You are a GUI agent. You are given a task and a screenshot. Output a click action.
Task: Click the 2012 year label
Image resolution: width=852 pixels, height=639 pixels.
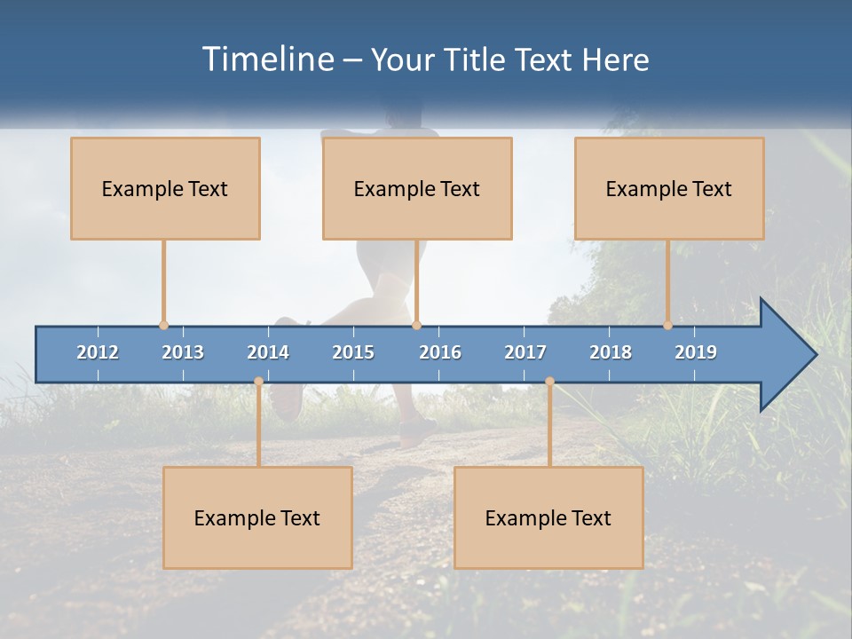[98, 352]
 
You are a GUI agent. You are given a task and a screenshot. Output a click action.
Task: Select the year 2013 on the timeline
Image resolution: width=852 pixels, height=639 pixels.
[183, 352]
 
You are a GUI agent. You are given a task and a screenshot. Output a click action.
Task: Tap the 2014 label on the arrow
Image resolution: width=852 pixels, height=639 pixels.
[268, 352]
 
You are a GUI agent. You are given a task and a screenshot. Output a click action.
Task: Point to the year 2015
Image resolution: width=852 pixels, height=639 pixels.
[353, 352]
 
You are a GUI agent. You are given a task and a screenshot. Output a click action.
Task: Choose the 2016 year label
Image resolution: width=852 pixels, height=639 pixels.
[440, 352]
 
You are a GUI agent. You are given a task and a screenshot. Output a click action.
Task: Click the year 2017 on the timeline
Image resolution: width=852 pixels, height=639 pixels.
[525, 352]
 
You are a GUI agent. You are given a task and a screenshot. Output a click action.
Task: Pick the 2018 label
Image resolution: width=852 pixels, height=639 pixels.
[611, 352]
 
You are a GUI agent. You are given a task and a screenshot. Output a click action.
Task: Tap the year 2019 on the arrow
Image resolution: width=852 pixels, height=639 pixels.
[696, 352]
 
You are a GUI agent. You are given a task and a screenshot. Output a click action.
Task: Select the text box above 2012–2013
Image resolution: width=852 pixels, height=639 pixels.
[165, 188]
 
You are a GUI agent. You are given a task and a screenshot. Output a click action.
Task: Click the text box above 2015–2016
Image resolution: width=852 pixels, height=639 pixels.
[417, 188]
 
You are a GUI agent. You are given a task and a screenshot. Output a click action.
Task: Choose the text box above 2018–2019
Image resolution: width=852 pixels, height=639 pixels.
[669, 188]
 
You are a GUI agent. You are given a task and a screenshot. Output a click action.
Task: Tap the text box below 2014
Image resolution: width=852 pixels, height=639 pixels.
[257, 517]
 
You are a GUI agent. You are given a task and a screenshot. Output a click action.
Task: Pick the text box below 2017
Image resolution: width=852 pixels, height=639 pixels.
[548, 517]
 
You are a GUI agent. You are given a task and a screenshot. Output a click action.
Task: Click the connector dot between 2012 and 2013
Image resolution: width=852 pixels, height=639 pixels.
[163, 326]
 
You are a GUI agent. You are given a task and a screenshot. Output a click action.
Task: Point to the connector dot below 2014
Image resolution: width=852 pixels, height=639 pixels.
[258, 382]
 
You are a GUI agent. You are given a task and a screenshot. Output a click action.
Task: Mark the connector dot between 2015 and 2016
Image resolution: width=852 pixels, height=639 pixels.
[416, 326]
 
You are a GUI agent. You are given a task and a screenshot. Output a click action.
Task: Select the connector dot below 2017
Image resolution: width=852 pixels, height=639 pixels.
[549, 382]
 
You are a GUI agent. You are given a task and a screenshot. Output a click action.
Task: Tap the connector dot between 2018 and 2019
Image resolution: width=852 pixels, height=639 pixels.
[667, 326]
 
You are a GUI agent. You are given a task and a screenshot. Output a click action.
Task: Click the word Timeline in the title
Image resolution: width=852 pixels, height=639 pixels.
[268, 59]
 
